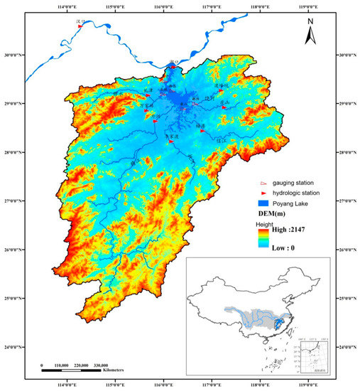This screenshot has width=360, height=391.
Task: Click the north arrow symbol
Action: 310,28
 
